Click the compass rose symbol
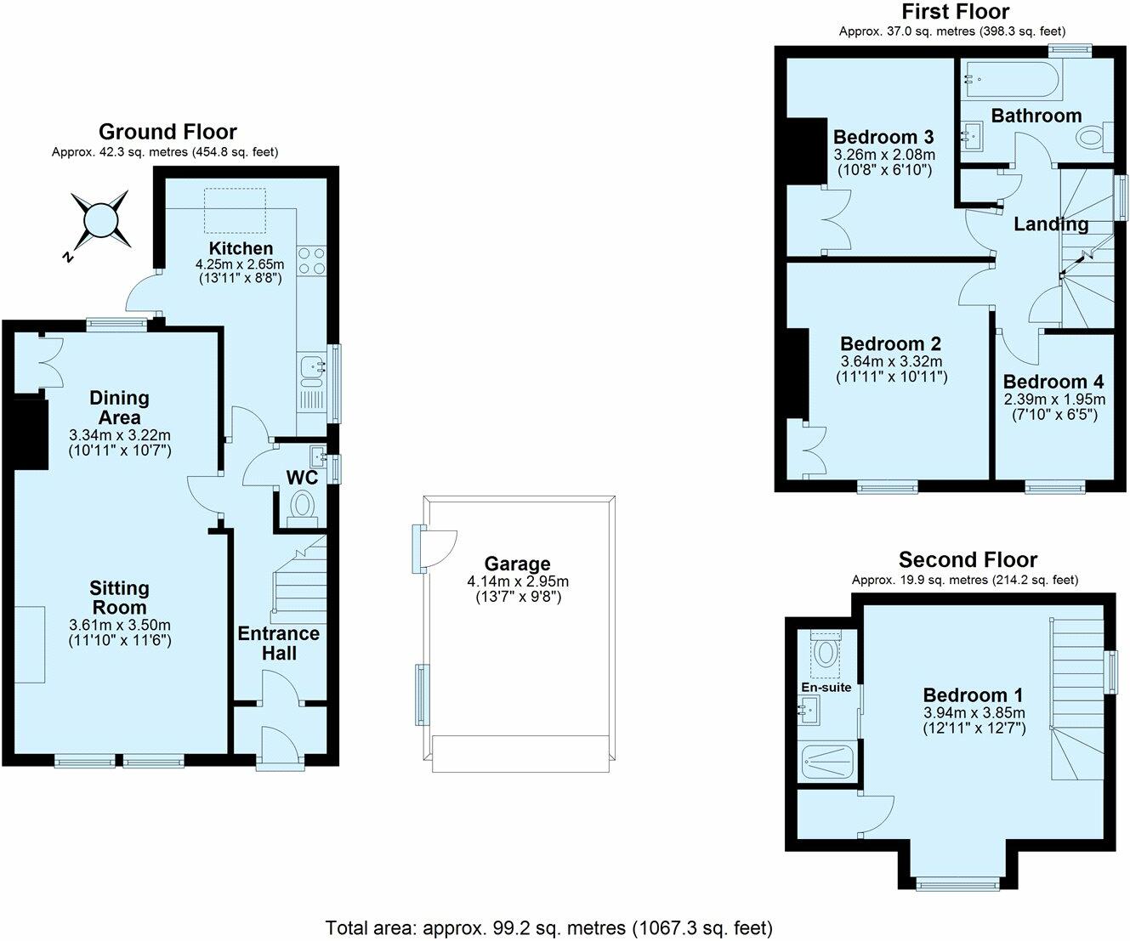point(99,221)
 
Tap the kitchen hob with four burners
point(311,261)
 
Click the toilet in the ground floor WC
point(303,508)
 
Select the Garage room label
point(517,564)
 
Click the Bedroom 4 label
point(1053,382)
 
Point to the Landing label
point(1051,224)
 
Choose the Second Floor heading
point(968,559)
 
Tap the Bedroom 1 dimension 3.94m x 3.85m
point(974,712)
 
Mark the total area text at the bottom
point(548,928)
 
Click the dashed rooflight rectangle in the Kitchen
point(235,210)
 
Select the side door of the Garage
point(434,548)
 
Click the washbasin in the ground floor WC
point(318,456)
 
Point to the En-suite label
point(826,687)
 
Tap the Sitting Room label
point(119,598)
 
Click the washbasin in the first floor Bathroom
point(974,135)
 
